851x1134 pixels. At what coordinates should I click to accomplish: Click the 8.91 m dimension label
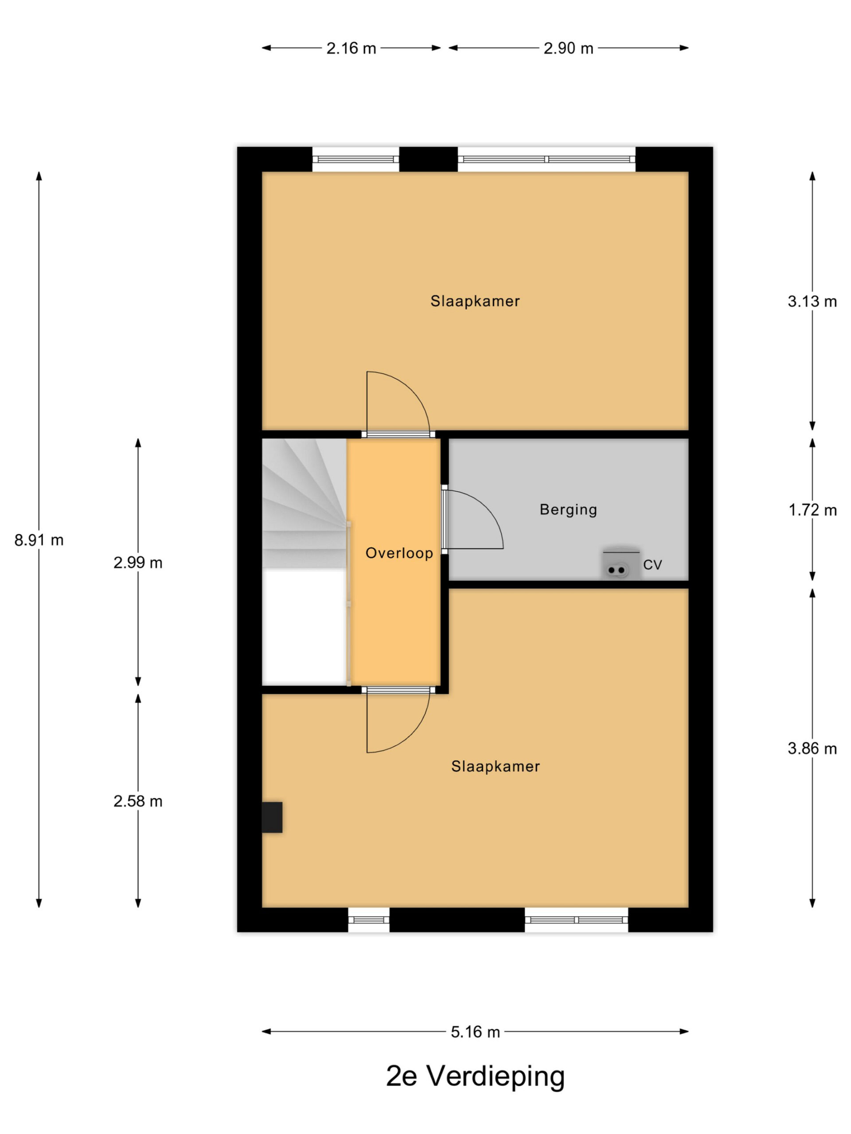click(x=39, y=540)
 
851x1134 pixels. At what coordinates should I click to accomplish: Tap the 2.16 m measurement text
click(x=351, y=48)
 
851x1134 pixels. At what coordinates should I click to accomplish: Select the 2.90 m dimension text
click(x=568, y=48)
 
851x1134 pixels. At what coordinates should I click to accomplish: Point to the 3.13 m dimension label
click(x=812, y=302)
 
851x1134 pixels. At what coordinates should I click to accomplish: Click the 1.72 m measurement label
click(x=812, y=510)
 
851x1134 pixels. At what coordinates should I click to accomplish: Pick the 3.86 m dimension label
click(x=812, y=749)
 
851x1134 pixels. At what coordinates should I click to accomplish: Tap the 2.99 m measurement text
click(x=138, y=563)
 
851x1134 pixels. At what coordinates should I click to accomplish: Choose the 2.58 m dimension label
click(x=138, y=801)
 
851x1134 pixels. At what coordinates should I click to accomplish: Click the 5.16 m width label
click(x=475, y=1032)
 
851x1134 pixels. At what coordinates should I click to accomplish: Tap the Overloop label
click(x=399, y=553)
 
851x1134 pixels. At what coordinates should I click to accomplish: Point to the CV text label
click(x=652, y=565)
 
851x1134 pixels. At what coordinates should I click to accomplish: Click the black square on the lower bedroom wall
click(x=272, y=817)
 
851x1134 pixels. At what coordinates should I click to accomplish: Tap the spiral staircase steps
click(x=304, y=503)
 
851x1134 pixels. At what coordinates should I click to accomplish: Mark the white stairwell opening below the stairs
click(x=304, y=626)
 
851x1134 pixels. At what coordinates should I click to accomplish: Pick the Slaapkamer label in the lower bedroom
click(x=496, y=766)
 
